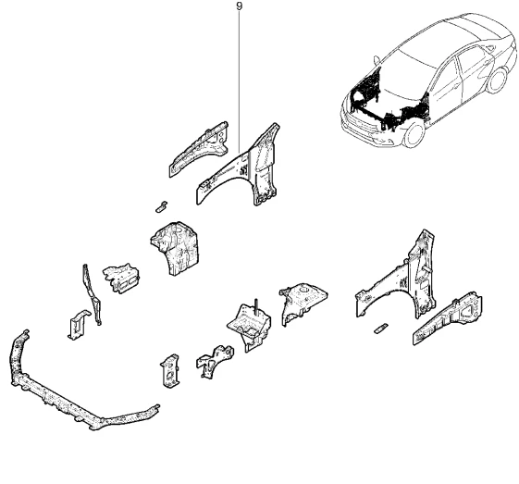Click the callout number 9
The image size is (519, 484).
tap(240, 6)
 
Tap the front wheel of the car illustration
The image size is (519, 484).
tap(414, 133)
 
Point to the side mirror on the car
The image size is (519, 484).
tap(376, 61)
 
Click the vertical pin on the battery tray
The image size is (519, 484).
tap(255, 307)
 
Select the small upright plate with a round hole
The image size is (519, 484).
tap(170, 371)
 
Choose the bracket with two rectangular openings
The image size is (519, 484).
tap(120, 278)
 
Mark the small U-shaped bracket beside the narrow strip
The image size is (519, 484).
tap(78, 325)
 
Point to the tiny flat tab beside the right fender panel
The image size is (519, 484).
tap(380, 329)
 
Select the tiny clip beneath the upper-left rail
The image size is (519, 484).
tap(161, 206)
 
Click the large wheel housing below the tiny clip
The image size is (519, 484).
tap(175, 248)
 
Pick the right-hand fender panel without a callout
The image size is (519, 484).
tap(397, 281)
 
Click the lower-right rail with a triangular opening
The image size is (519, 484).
tap(447, 319)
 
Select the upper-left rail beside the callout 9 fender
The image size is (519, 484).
tap(199, 149)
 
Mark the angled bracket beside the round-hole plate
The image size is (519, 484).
tap(214, 362)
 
